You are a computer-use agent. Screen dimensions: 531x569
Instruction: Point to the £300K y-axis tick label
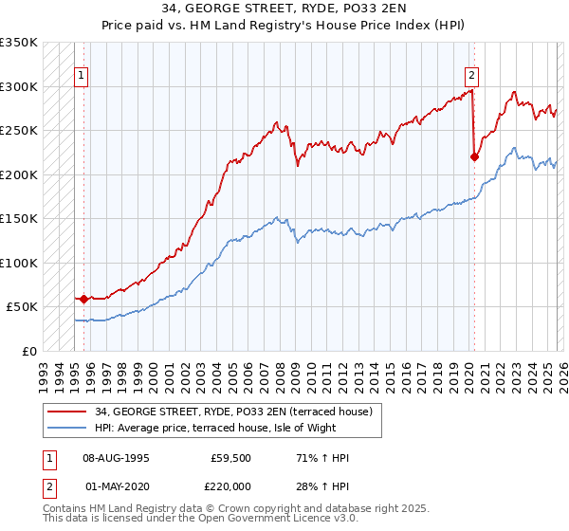click(19, 86)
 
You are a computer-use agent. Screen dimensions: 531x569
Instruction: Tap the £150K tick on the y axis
click(19, 218)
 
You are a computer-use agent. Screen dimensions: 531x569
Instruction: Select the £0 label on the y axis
click(28, 351)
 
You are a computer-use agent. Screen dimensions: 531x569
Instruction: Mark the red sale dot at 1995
click(83, 299)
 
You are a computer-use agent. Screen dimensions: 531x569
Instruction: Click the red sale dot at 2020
click(474, 157)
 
